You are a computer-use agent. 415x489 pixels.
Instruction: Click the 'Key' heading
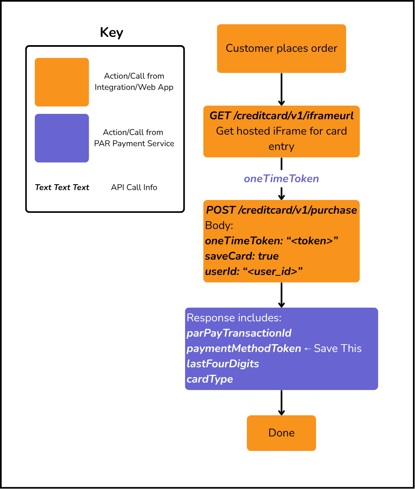[x=111, y=32]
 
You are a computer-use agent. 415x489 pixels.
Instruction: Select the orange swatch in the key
[x=62, y=82]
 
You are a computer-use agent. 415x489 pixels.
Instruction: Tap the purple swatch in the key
[x=62, y=138]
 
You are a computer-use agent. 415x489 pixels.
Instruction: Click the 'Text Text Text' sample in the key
[x=62, y=187]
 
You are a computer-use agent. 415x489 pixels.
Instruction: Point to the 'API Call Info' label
[x=134, y=187]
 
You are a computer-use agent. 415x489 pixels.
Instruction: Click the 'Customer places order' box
[x=282, y=48]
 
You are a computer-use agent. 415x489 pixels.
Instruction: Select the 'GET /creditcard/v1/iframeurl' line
[x=282, y=116]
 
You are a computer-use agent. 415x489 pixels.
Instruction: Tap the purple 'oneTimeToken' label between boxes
[x=282, y=179]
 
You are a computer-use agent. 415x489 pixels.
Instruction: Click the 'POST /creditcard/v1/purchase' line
[x=282, y=210]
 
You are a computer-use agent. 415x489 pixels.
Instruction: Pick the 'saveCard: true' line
[x=242, y=256]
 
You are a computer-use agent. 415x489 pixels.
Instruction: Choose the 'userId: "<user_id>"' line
[x=254, y=271]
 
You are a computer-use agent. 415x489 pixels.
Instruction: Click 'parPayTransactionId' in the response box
[x=239, y=333]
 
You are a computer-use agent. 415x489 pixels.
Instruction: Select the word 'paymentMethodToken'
[x=244, y=348]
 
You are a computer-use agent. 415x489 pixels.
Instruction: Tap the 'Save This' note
[x=338, y=348]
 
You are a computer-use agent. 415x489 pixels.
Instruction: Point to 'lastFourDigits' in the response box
[x=223, y=364]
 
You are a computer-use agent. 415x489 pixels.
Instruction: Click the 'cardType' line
[x=210, y=379]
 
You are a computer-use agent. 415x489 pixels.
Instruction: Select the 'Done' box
[x=282, y=433]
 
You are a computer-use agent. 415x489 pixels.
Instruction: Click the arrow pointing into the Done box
[x=282, y=402]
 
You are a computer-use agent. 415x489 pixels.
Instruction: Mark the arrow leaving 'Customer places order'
[x=282, y=89]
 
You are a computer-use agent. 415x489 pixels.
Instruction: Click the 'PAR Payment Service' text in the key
[x=134, y=143]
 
